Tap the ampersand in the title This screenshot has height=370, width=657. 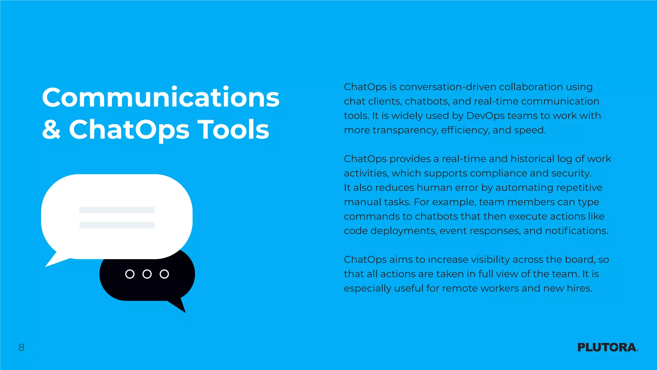pos(51,129)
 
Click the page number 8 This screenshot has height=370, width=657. pos(21,347)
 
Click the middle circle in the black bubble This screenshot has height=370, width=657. pos(147,274)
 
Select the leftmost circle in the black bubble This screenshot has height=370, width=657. pos(130,274)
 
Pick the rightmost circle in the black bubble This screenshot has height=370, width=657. pos(164,274)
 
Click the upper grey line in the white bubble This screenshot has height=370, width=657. pos(117,210)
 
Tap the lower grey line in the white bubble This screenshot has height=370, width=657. pos(117,225)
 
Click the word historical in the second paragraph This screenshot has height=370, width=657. pos(532,159)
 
